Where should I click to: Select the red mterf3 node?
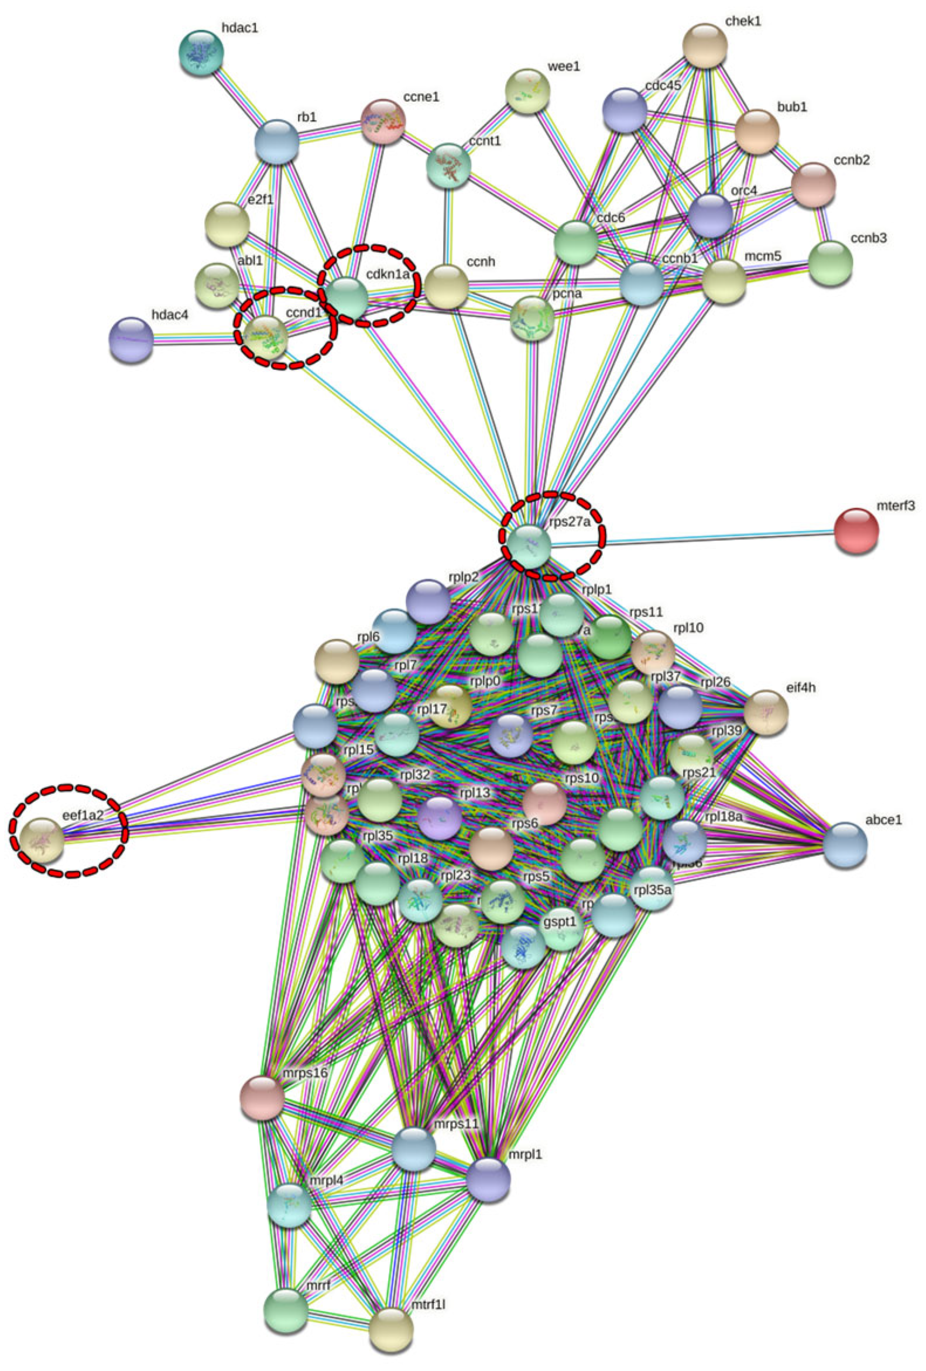[856, 531]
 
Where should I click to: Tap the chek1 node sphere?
[704, 46]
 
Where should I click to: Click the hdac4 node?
[131, 340]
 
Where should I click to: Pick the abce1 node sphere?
[845, 845]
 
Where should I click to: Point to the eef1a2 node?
[42, 841]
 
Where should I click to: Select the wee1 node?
[528, 91]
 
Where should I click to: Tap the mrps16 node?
[262, 1097]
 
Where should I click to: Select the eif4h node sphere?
[766, 712]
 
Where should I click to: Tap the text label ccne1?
[421, 96]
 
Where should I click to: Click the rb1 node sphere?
[276, 142]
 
